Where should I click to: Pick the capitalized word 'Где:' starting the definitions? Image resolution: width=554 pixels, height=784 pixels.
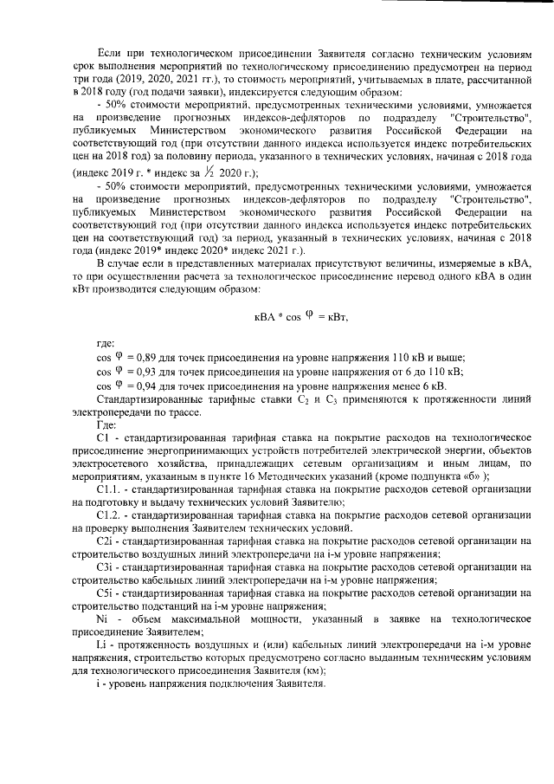(x=107, y=425)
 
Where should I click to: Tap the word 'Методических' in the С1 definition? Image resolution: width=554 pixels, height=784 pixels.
(x=285, y=476)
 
